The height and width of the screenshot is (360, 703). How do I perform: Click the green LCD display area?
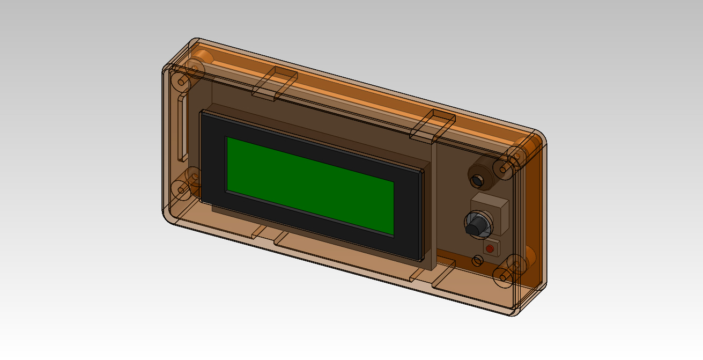[310, 186]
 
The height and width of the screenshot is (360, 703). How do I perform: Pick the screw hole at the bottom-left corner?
[182, 189]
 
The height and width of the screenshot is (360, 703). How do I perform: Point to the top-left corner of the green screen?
[227, 138]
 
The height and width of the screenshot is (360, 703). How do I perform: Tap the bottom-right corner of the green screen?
[393, 234]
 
